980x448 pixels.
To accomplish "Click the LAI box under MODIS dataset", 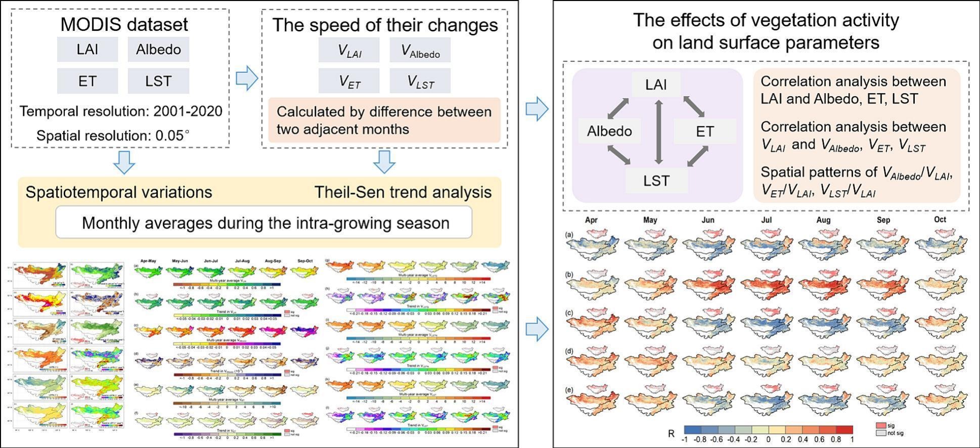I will click(87, 49).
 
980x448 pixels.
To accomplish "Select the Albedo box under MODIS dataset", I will click(158, 49).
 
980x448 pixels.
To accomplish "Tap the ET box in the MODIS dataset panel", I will click(87, 81).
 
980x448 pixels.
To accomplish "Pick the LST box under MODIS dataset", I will click(158, 81).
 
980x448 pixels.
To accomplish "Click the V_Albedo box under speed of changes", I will click(420, 51).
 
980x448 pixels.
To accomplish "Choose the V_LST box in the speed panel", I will click(420, 81).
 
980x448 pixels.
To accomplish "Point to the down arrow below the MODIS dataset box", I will click(124, 162).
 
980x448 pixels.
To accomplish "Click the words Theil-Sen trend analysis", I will click(403, 192).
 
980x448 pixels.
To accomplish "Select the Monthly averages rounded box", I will click(264, 222).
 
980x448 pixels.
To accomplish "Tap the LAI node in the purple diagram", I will click(656, 84).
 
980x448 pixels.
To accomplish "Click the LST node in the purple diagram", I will click(656, 181).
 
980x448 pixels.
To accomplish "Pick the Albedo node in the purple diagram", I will click(609, 131).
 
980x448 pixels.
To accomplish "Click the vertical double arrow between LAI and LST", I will click(658, 131).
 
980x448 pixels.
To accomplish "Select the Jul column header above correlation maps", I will click(766, 220).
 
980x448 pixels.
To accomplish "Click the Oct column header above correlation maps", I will click(940, 219).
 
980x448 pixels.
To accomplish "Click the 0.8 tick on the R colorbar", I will click(835, 440).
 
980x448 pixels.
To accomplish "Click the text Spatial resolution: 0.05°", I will click(113, 136).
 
